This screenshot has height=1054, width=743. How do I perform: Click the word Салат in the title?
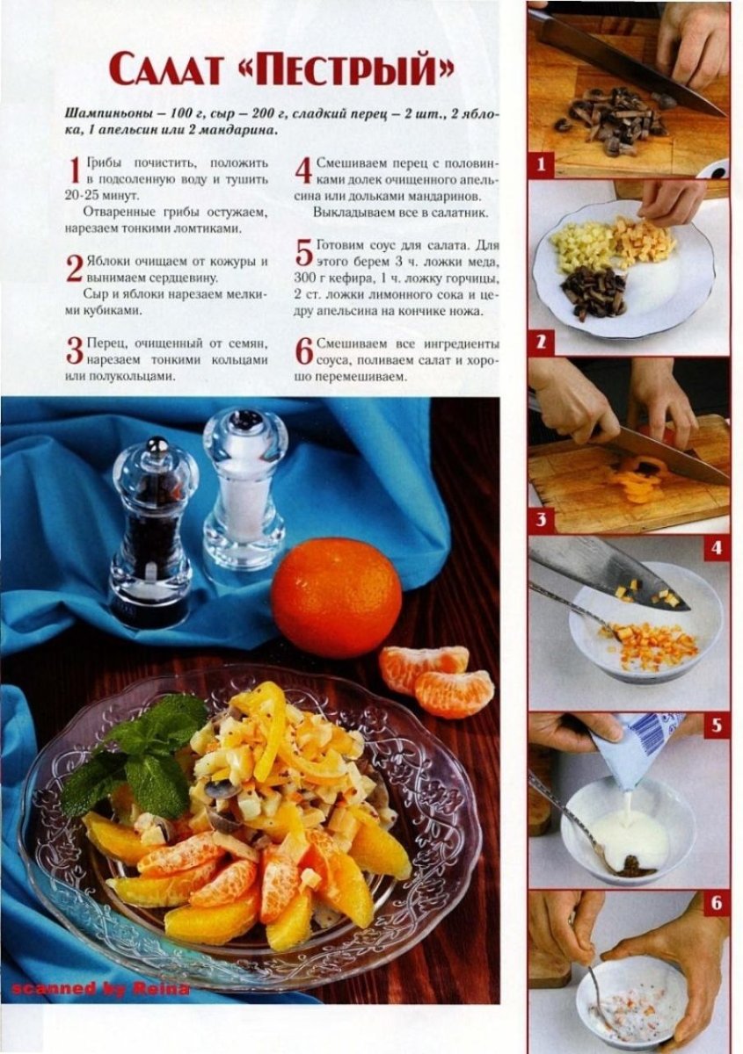168,70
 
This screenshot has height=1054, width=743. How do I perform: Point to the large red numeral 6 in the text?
304,351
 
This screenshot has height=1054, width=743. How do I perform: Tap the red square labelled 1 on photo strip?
541,165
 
